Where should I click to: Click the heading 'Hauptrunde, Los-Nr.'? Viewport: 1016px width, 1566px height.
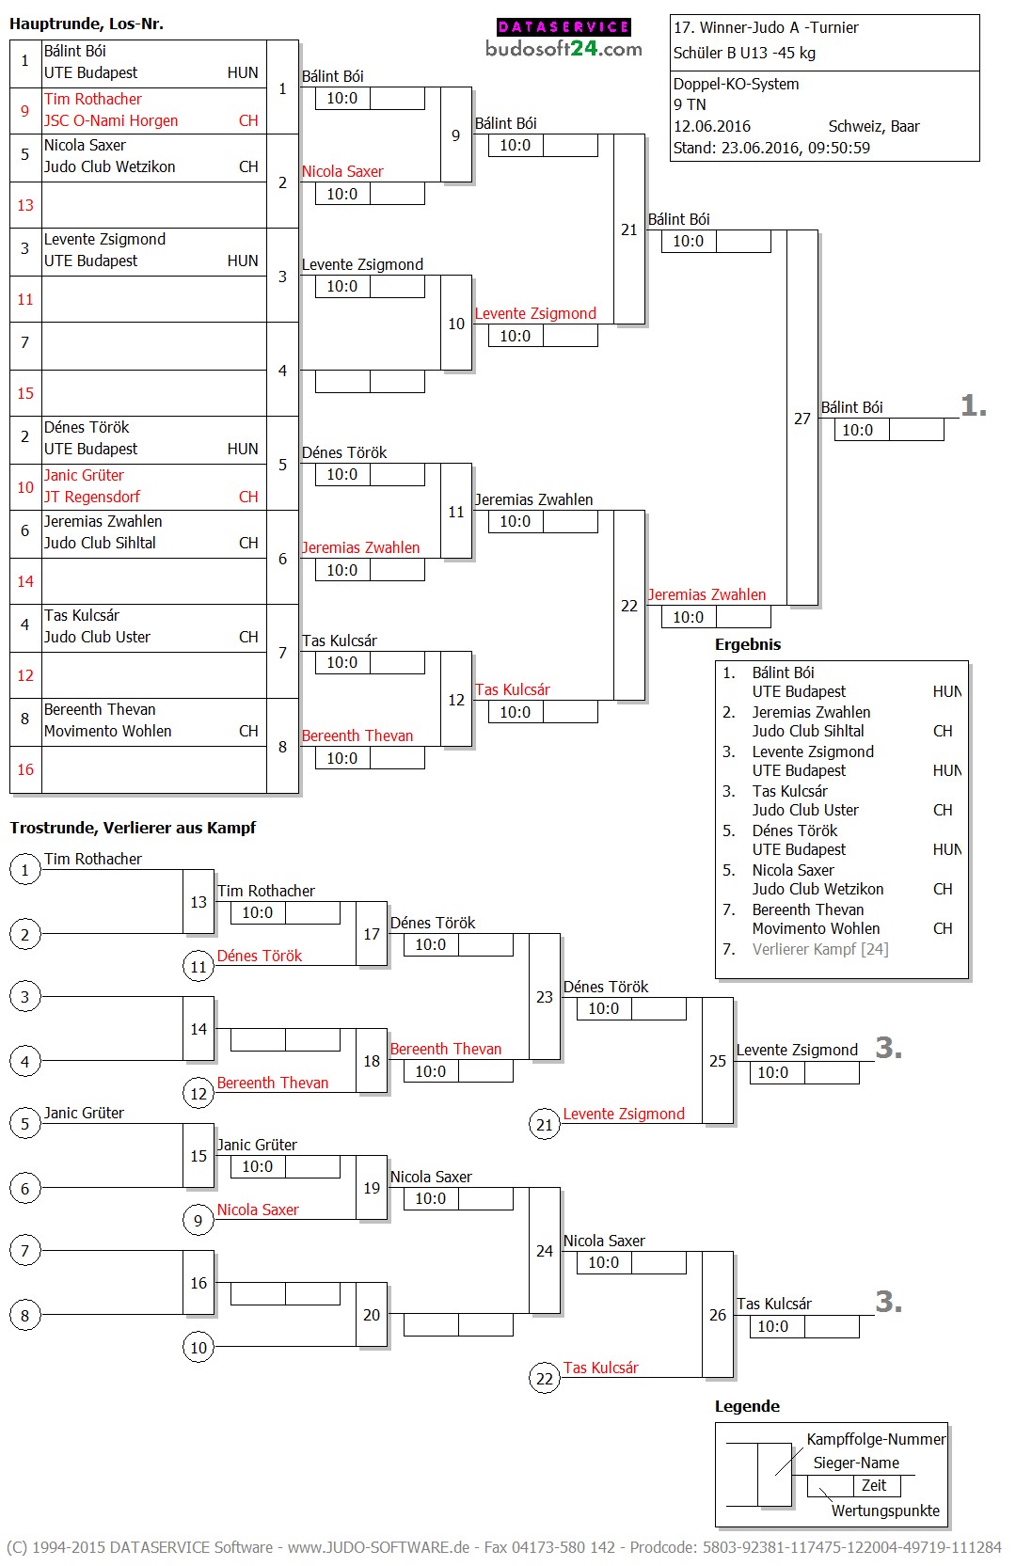(x=87, y=24)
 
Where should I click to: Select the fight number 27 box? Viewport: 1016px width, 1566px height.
(x=802, y=419)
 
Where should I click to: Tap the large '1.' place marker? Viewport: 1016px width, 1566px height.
(x=974, y=405)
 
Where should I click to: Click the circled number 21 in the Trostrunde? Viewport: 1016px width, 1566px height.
(x=545, y=1124)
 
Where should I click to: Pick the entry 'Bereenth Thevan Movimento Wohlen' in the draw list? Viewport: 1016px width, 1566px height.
(x=107, y=720)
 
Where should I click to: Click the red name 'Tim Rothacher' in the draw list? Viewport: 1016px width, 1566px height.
(x=93, y=99)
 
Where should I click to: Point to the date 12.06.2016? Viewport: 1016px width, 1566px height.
(x=711, y=126)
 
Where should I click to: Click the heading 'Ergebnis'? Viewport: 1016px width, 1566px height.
(x=748, y=644)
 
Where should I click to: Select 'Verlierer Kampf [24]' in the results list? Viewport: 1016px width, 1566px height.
(x=819, y=949)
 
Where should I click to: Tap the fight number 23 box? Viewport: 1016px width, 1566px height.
(x=545, y=997)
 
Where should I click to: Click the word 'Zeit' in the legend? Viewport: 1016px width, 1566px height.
(x=874, y=1485)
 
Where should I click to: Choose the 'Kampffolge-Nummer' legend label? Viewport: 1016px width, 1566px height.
(x=876, y=1439)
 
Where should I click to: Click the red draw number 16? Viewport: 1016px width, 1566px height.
(x=25, y=769)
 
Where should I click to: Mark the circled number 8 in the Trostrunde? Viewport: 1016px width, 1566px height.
(x=25, y=1315)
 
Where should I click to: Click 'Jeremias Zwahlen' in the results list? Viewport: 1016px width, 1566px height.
(x=811, y=712)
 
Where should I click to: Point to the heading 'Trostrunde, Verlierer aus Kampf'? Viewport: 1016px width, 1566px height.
(x=133, y=828)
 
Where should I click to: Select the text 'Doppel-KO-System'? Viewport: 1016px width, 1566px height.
(x=736, y=84)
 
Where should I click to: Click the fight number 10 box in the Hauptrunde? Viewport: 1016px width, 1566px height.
(x=456, y=324)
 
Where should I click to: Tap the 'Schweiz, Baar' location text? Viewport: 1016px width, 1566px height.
(x=873, y=126)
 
